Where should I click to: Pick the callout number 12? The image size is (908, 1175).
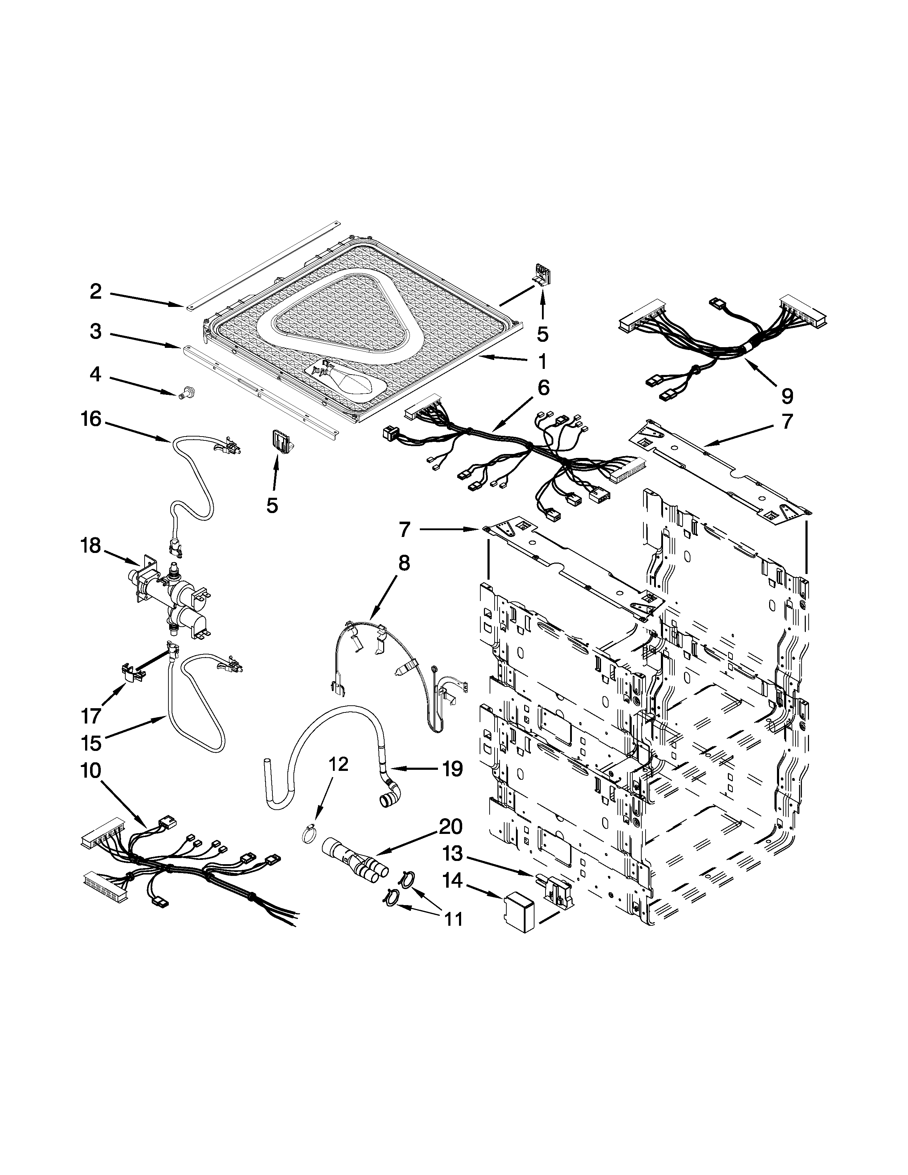pyautogui.click(x=338, y=764)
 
